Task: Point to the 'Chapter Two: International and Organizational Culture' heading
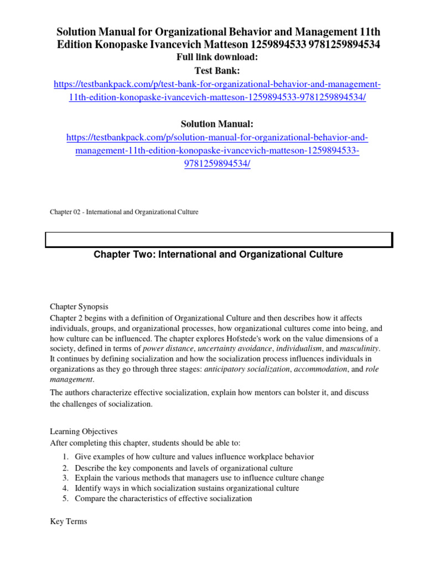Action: (x=218, y=255)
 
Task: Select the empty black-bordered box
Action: (x=218, y=239)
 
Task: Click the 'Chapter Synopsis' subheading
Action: (x=79, y=306)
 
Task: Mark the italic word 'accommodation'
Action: (x=322, y=369)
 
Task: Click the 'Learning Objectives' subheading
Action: (x=84, y=431)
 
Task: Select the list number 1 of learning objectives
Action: (x=65, y=457)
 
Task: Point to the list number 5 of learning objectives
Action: (x=65, y=498)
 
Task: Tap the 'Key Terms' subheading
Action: (x=69, y=522)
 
